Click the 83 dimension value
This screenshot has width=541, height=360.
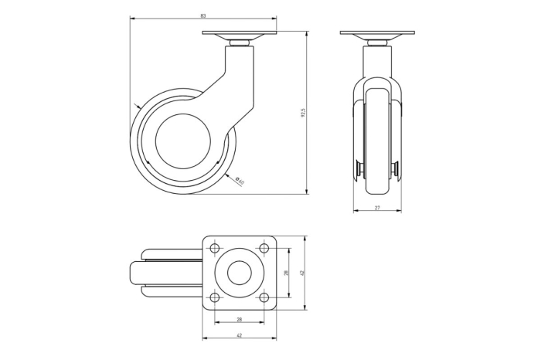[202, 15]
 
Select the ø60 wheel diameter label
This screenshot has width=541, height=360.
[240, 182]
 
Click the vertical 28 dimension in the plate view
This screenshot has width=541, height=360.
[286, 273]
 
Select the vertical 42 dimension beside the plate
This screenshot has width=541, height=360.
[303, 273]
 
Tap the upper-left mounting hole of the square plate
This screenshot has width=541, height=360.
[214, 249]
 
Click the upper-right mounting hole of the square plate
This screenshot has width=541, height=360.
[264, 249]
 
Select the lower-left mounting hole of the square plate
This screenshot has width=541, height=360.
[214, 297]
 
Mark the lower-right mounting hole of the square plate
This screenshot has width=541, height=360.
[264, 297]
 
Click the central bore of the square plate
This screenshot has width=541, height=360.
[239, 273]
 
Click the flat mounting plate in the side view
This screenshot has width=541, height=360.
[239, 34]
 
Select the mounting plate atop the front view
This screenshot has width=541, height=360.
[377, 33]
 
